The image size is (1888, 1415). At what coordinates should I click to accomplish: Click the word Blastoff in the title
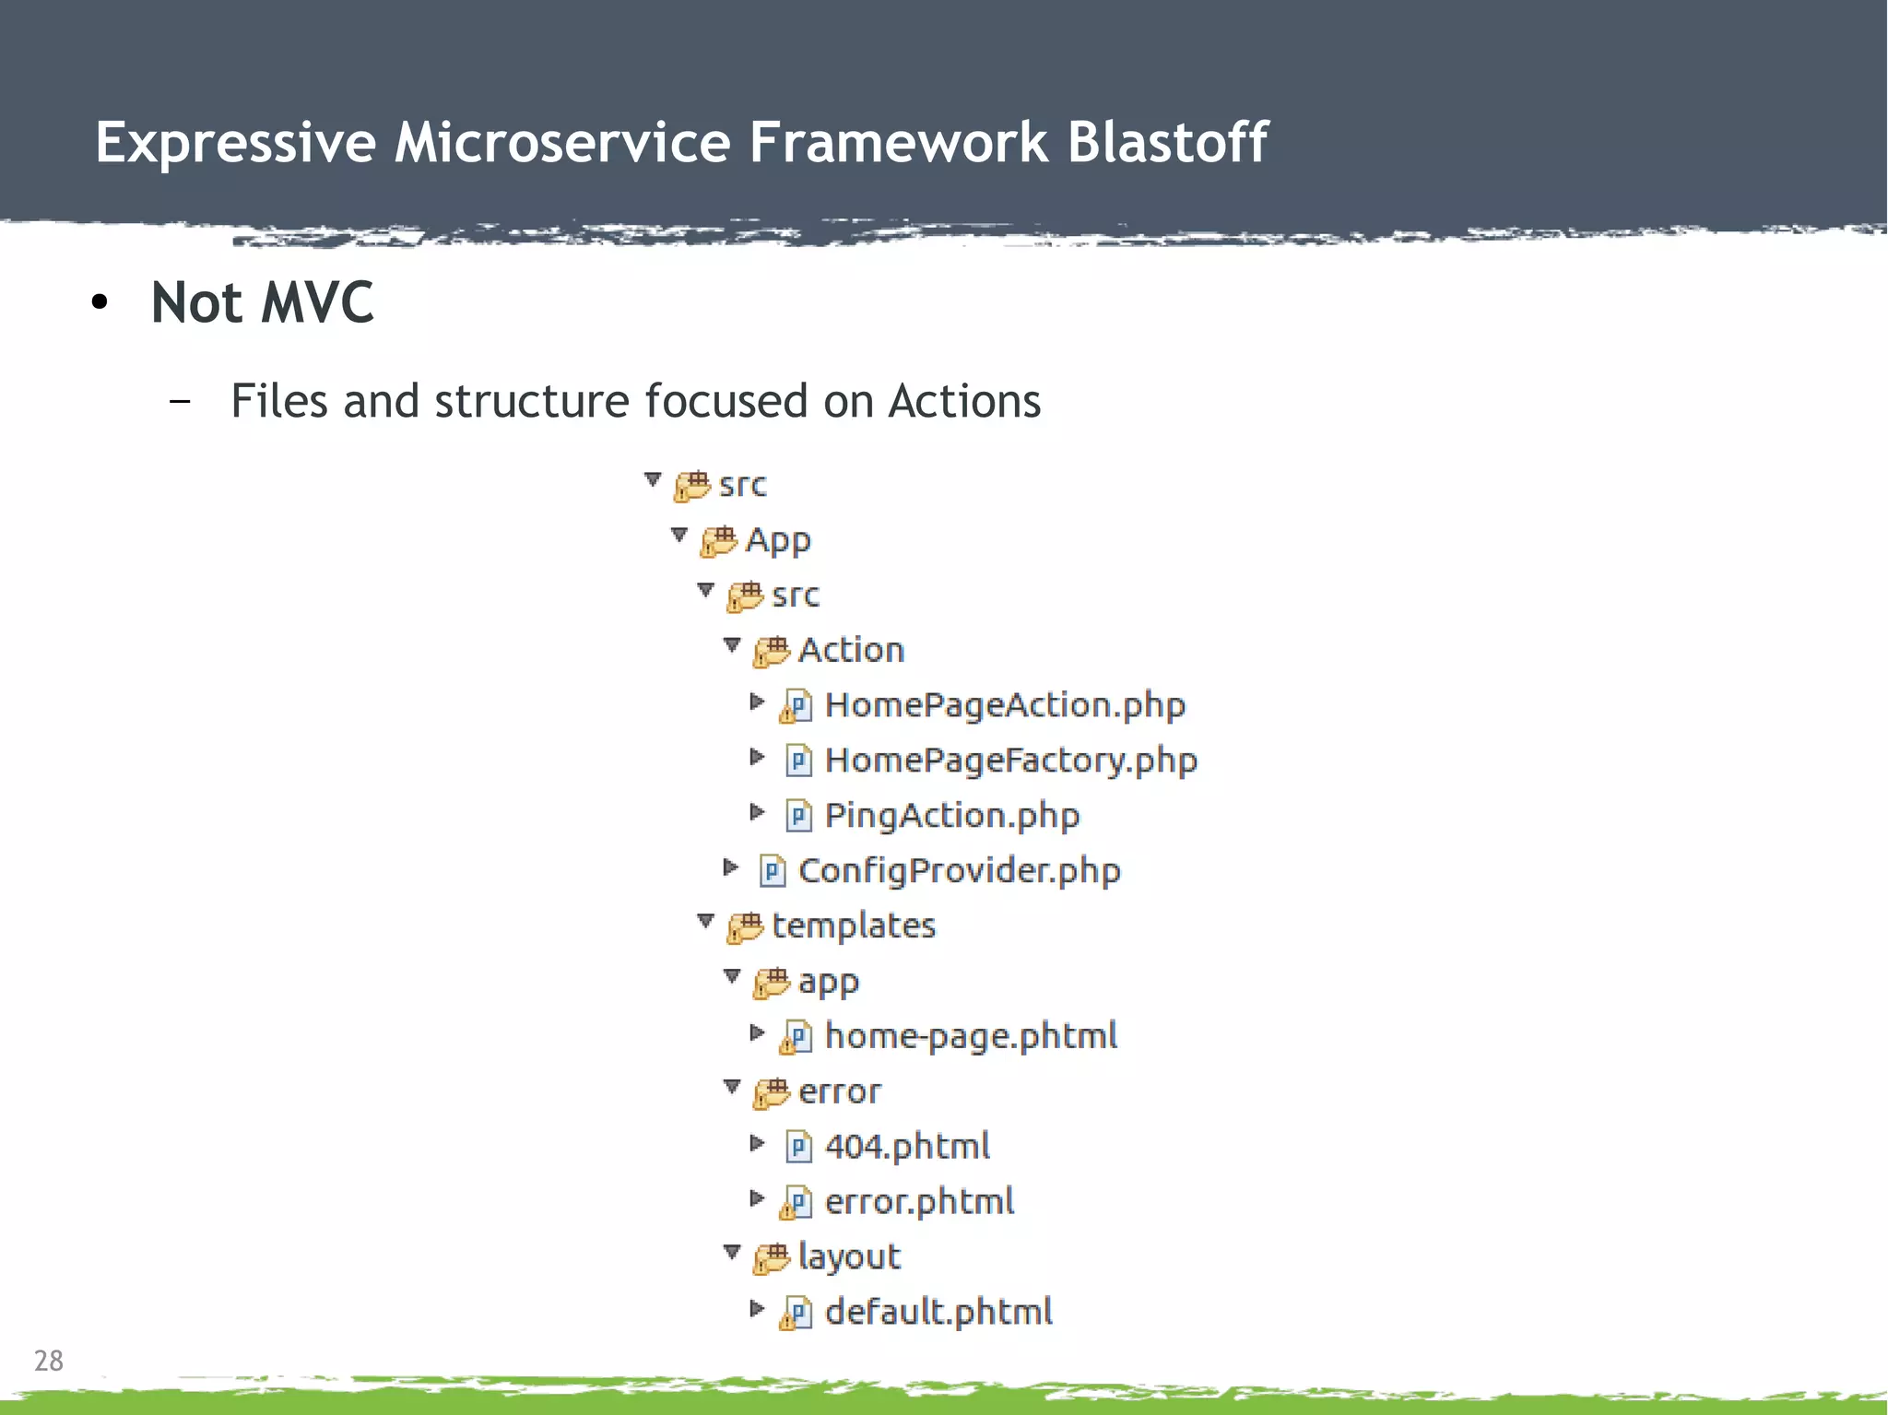tap(1167, 143)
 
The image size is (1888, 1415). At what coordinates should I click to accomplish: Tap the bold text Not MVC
tap(262, 302)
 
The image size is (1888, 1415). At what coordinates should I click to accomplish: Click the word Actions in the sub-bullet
tap(964, 402)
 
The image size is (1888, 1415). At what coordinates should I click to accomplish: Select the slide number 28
tap(48, 1361)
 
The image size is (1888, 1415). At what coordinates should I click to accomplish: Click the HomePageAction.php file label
tap(1004, 705)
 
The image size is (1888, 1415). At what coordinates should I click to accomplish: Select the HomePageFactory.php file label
tap(1010, 761)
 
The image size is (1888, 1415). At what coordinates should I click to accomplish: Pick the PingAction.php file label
tap(951, 816)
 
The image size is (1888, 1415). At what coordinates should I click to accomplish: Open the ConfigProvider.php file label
tap(959, 871)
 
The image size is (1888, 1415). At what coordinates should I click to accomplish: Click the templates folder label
tap(853, 926)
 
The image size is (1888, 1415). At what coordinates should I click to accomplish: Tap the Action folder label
tap(851, 650)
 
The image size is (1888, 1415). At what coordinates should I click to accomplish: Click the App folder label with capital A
tap(778, 540)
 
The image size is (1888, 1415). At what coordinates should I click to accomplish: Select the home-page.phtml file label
tap(971, 1036)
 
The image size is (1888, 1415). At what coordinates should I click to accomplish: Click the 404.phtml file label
tap(907, 1147)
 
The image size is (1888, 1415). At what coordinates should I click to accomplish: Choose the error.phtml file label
tap(919, 1202)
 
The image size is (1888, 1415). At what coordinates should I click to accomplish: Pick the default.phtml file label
tap(938, 1312)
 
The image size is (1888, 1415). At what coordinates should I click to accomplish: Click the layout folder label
tap(849, 1257)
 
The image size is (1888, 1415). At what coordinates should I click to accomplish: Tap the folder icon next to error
tap(772, 1092)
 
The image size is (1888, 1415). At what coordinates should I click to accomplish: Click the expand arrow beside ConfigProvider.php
tap(730, 867)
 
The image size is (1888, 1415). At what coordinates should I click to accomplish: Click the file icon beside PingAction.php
tap(798, 816)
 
